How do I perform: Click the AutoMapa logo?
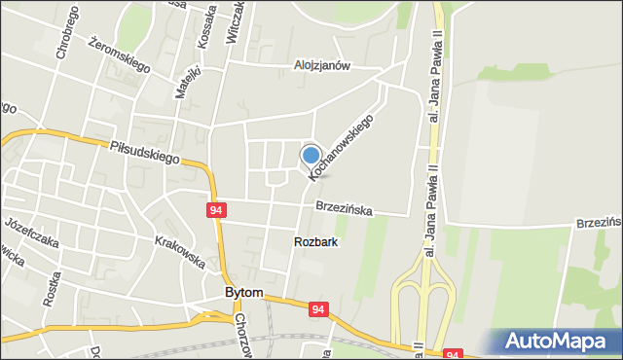pyautogui.click(x=560, y=341)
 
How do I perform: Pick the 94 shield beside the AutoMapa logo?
pyautogui.click(x=452, y=356)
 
